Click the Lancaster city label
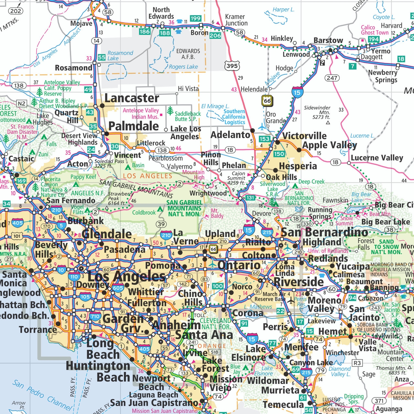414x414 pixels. click(132, 98)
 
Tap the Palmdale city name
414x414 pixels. click(134, 126)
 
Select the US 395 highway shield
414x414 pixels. click(232, 66)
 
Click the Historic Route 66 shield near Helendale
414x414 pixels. click(267, 101)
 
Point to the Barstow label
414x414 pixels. click(328, 40)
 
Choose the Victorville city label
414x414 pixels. click(304, 136)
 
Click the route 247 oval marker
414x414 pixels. click(332, 78)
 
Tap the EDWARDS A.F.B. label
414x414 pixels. click(188, 54)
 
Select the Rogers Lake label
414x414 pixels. click(183, 67)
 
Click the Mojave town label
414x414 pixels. click(81, 23)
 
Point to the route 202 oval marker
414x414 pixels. click(16, 11)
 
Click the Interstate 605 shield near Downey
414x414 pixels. click(118, 288)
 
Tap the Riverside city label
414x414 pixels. click(299, 282)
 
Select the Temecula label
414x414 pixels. click(283, 405)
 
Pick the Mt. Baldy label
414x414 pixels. click(217, 213)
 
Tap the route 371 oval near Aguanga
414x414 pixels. click(379, 401)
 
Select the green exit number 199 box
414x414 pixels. click(195, 18)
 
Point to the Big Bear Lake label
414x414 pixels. click(386, 222)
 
